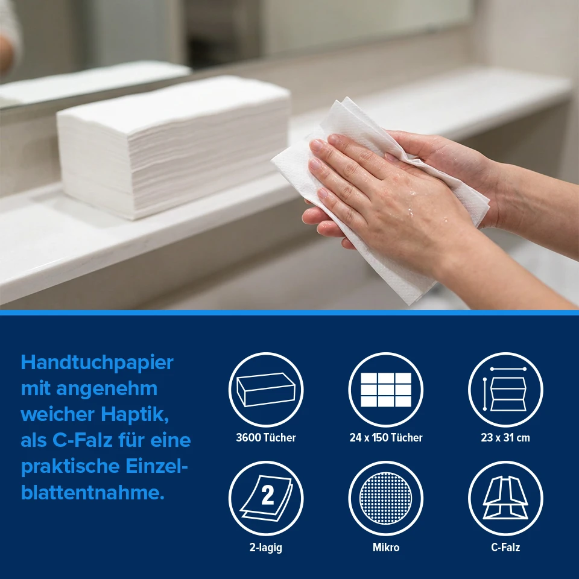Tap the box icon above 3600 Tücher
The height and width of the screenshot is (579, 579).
[x=266, y=390]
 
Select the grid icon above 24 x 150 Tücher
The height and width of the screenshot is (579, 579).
[x=386, y=390]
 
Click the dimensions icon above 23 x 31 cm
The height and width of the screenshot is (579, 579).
[x=505, y=390]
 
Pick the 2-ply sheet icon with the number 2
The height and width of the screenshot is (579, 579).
[x=266, y=498]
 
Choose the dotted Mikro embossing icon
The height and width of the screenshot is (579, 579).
[x=386, y=498]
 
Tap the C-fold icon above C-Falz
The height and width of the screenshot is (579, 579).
[x=505, y=498]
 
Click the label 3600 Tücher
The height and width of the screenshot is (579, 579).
[x=266, y=438]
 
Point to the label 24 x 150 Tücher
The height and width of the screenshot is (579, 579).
[x=386, y=438]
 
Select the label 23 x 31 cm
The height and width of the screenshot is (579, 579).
[x=505, y=438]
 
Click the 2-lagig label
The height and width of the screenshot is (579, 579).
[x=266, y=547]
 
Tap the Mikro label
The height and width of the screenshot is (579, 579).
[x=386, y=547]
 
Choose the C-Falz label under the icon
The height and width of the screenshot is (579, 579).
[x=505, y=547]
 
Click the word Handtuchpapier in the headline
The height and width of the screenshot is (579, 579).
[x=97, y=363]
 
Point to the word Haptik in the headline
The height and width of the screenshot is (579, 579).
[x=135, y=414]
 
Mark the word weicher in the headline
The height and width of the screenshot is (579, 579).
[x=58, y=414]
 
